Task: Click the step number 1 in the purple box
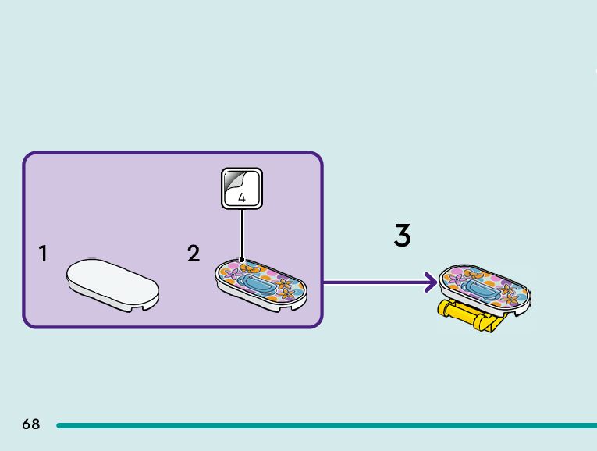[44, 254]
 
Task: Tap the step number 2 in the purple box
[194, 254]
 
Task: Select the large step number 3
[402, 236]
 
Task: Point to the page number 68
[31, 424]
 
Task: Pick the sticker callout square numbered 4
[242, 188]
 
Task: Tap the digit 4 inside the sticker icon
[242, 198]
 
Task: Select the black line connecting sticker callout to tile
[242, 234]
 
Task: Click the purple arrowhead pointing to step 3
[430, 282]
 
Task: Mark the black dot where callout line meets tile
[242, 261]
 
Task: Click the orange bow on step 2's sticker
[250, 268]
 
